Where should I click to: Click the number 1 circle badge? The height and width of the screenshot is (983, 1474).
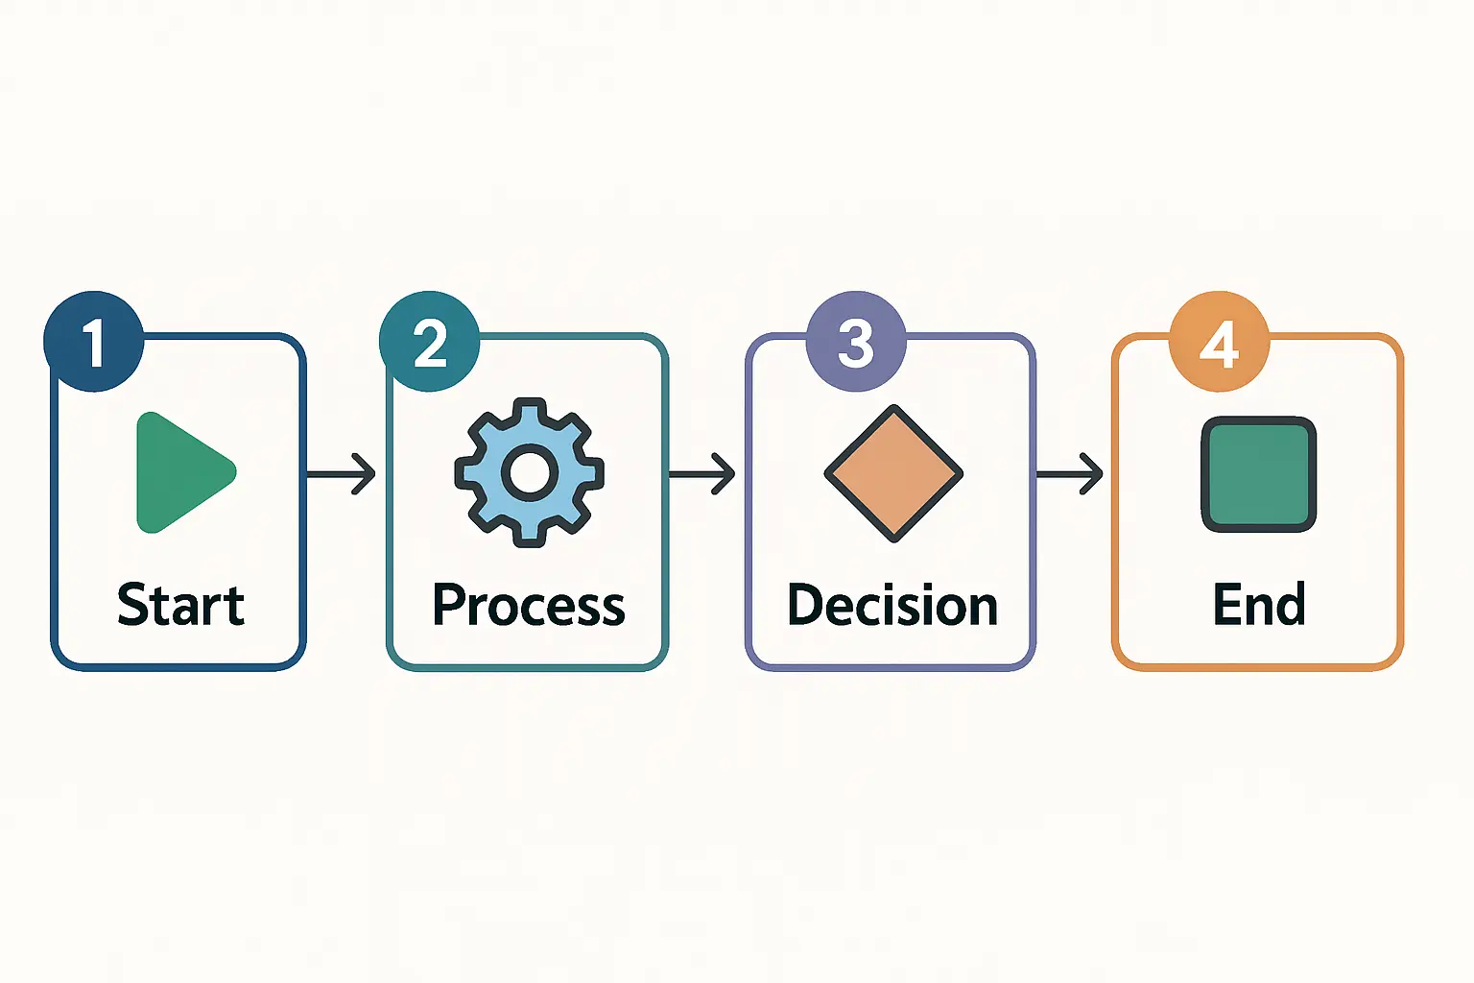pyautogui.click(x=94, y=341)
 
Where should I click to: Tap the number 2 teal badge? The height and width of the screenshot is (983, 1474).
pyautogui.click(x=429, y=341)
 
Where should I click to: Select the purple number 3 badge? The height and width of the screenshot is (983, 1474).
pyautogui.click(x=856, y=341)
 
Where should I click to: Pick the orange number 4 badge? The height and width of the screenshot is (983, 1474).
pyautogui.click(x=1219, y=341)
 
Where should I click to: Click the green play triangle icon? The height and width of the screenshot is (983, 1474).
pyautogui.click(x=182, y=472)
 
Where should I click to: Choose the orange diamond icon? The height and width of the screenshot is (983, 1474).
pyautogui.click(x=893, y=472)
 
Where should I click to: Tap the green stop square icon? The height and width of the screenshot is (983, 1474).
pyautogui.click(x=1258, y=474)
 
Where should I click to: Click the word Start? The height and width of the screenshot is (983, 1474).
pyautogui.click(x=180, y=605)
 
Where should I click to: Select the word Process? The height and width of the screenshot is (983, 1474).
pyautogui.click(x=529, y=606)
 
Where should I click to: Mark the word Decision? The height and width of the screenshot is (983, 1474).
pyautogui.click(x=892, y=606)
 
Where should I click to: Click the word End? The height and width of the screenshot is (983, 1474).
pyautogui.click(x=1258, y=605)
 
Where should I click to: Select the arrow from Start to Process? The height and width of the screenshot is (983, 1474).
pyautogui.click(x=342, y=473)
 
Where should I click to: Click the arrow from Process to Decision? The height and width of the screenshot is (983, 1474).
pyautogui.click(x=701, y=473)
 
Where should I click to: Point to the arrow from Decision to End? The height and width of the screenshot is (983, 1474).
pyautogui.click(x=1069, y=473)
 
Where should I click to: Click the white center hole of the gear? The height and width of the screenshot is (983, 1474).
pyautogui.click(x=529, y=472)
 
